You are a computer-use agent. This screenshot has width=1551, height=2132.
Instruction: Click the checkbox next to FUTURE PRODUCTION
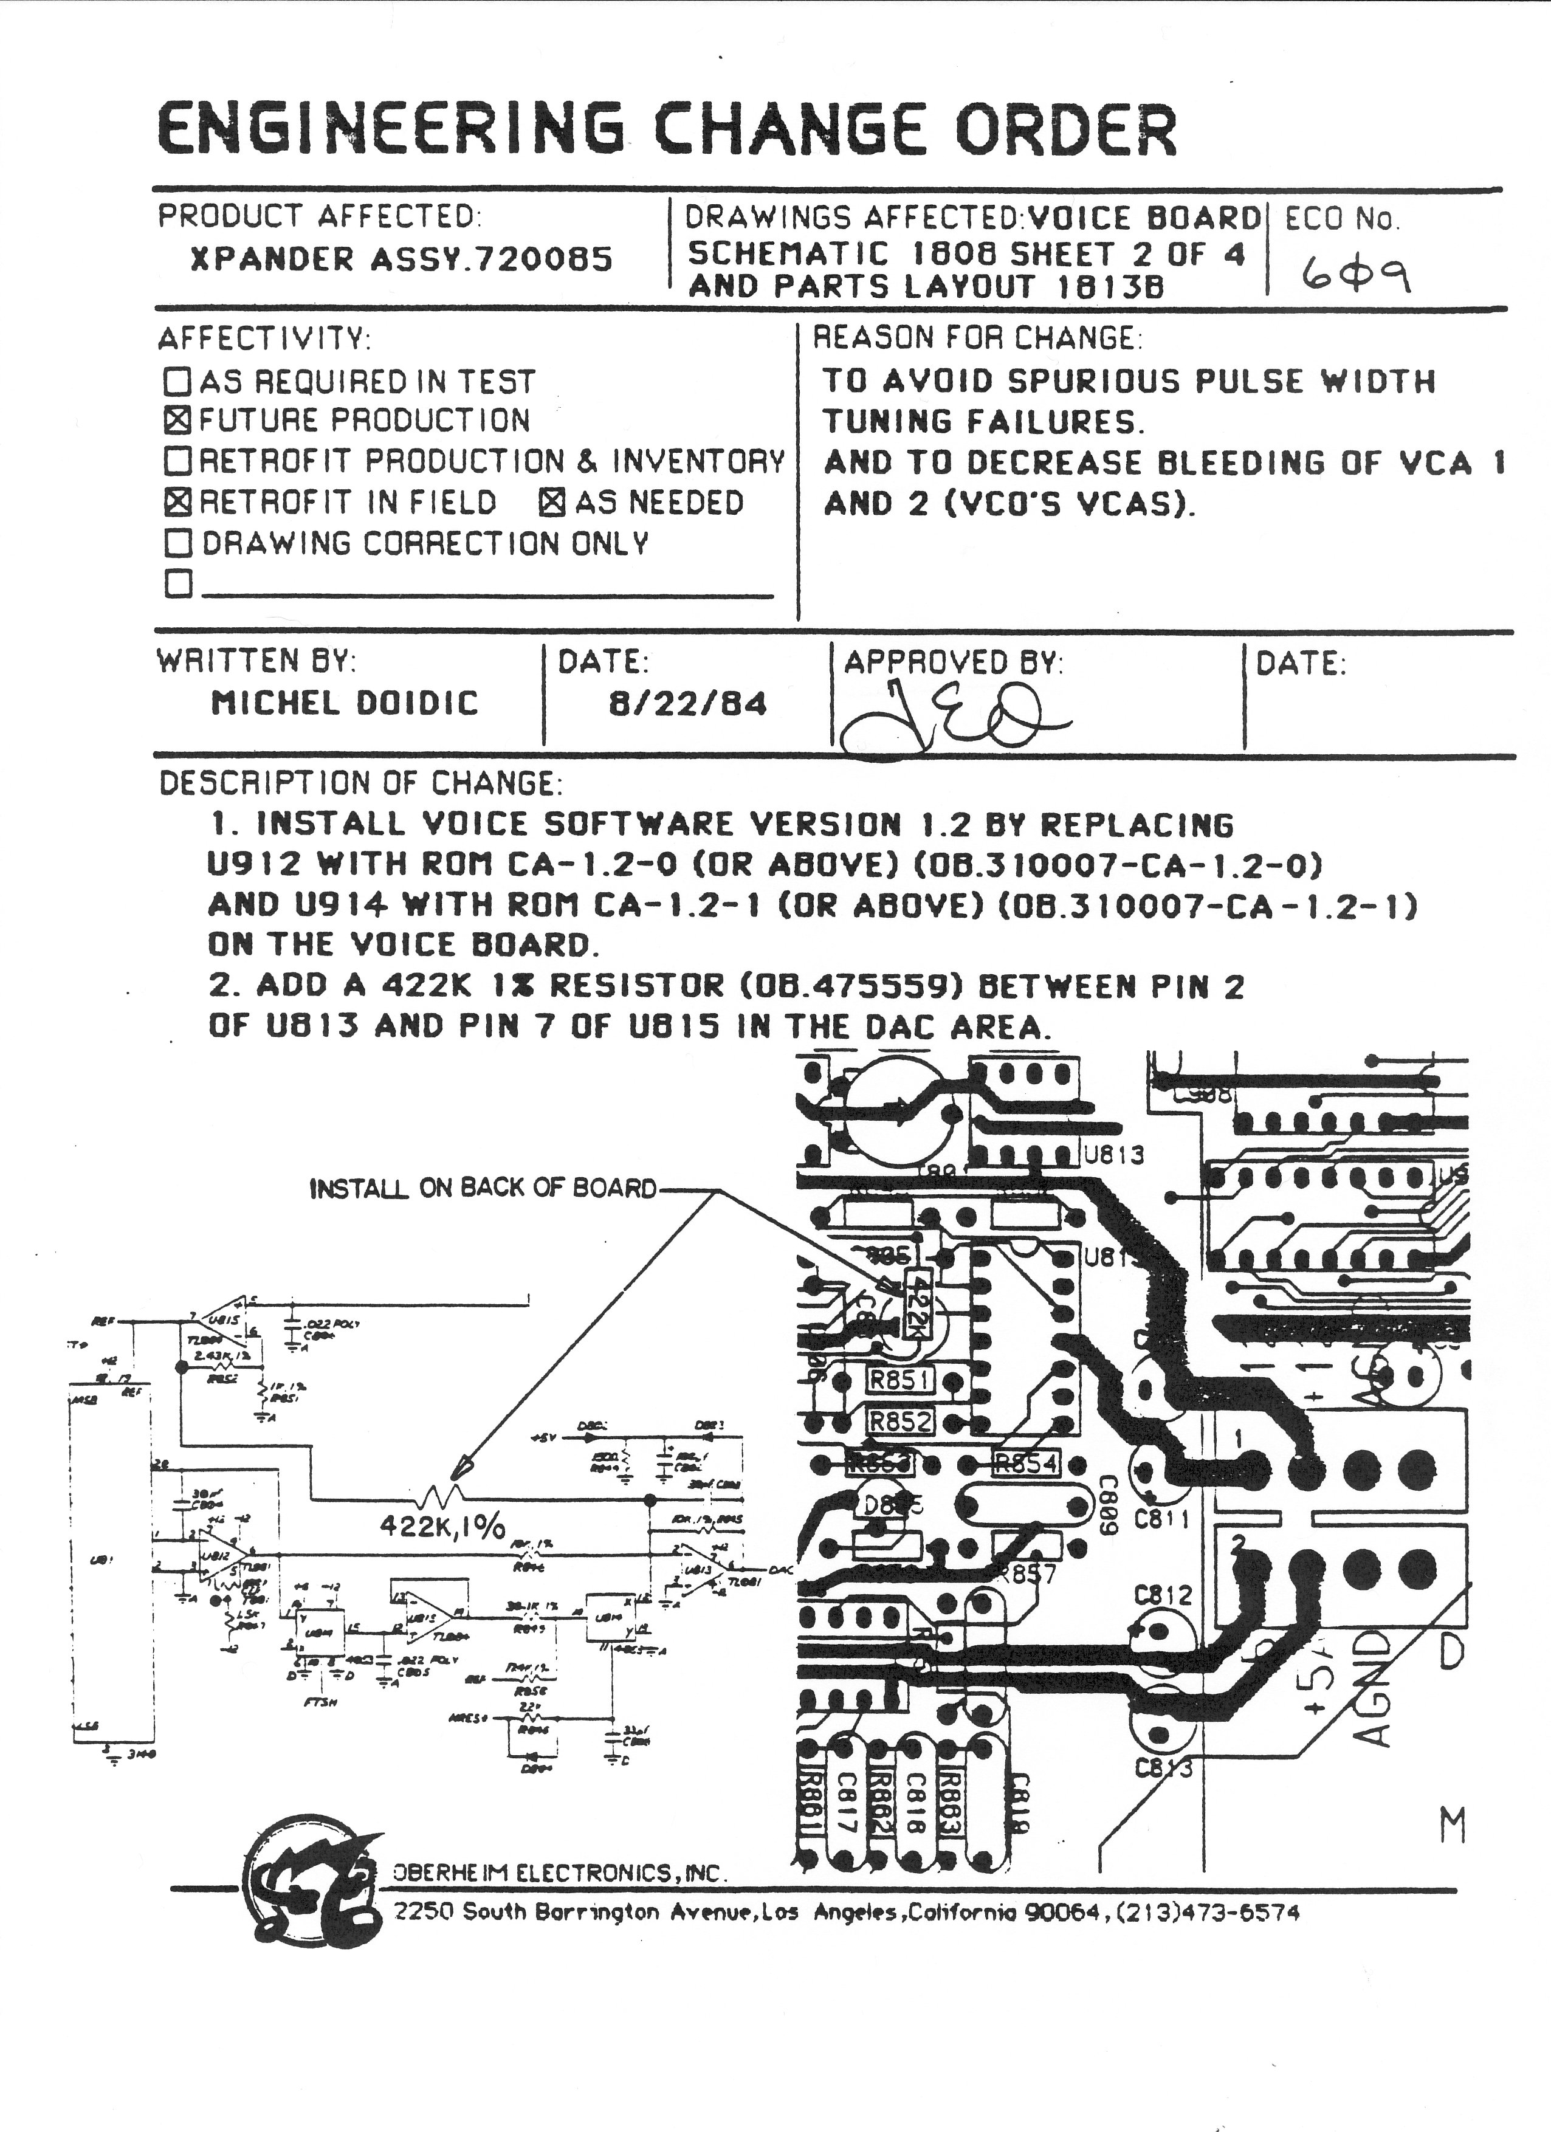click(x=177, y=419)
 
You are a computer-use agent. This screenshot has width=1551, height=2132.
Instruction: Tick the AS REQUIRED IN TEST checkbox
click(x=177, y=380)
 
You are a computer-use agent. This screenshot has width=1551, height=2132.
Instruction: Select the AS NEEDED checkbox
click(x=552, y=502)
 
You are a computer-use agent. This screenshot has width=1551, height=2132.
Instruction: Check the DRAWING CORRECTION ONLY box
click(x=177, y=542)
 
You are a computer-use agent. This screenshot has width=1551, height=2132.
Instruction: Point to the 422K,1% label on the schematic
click(x=442, y=1525)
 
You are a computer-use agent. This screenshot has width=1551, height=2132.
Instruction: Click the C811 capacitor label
click(x=1162, y=1517)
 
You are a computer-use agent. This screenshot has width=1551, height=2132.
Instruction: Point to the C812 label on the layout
click(x=1162, y=1595)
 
